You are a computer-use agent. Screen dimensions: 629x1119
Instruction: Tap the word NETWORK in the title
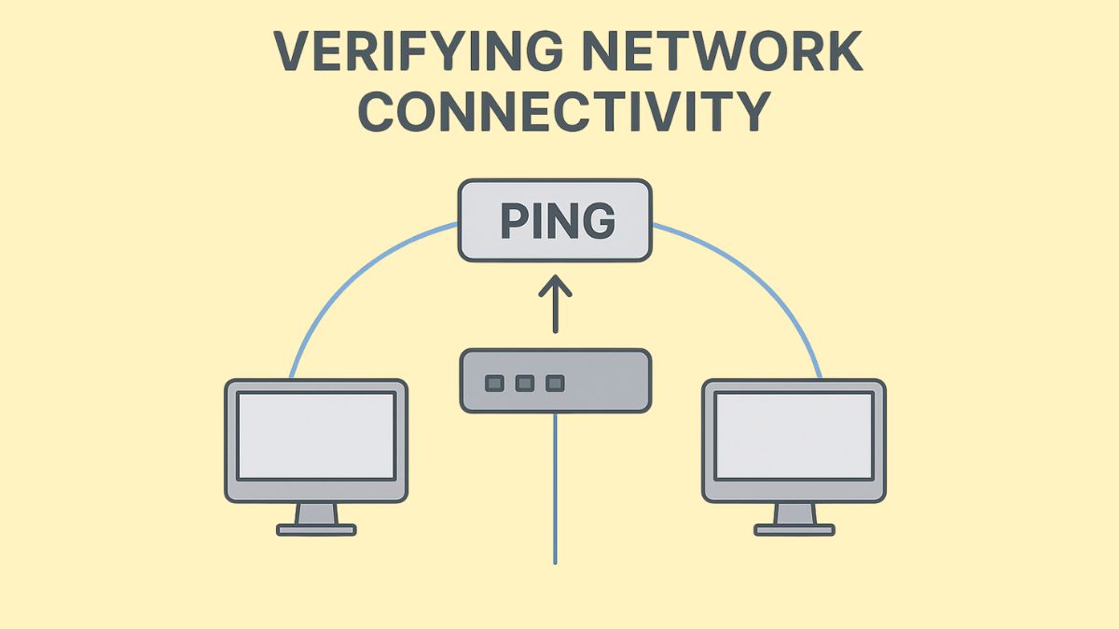click(736, 54)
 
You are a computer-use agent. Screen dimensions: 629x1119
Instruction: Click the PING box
click(556, 220)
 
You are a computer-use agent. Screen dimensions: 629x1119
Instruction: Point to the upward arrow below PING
click(556, 303)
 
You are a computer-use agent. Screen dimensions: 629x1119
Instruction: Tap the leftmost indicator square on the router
click(495, 383)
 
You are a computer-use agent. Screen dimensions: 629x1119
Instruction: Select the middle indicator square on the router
click(525, 383)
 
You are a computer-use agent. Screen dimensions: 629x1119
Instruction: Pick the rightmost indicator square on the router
click(555, 383)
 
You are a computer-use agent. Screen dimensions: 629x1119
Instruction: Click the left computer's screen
click(315, 435)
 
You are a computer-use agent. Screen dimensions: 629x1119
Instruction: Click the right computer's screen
click(794, 435)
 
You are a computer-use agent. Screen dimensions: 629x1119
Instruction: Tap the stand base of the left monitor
click(316, 529)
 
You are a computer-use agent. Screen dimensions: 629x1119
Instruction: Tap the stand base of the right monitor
click(794, 529)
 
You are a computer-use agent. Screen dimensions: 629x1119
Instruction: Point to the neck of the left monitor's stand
click(316, 513)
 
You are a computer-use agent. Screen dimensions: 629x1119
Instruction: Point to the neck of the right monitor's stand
click(794, 513)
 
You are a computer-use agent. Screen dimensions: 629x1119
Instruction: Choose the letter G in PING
click(598, 220)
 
